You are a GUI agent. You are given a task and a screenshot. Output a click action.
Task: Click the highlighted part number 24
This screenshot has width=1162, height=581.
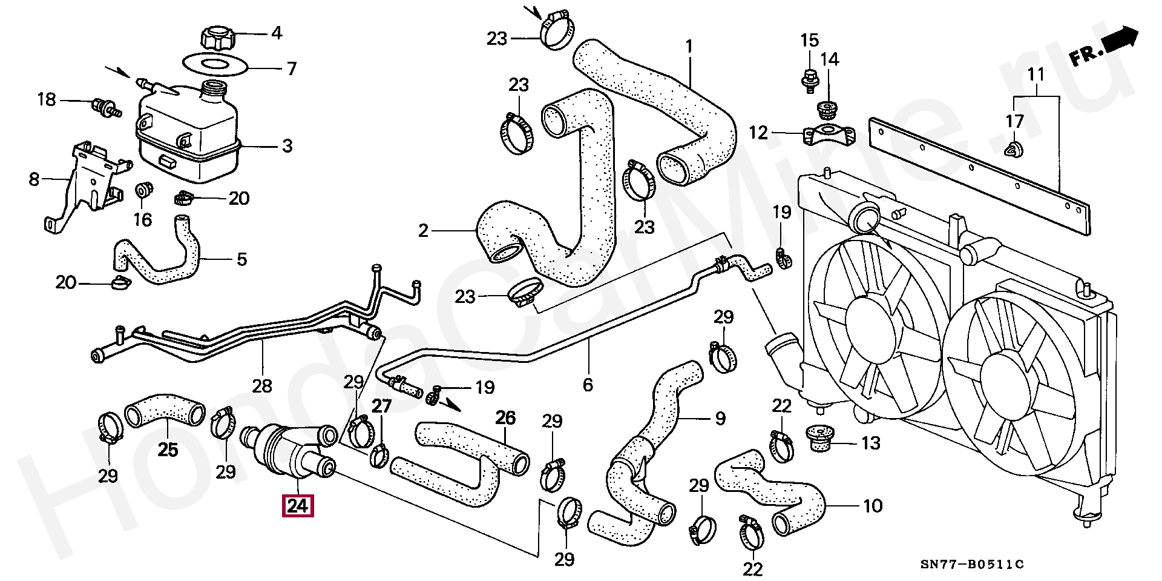(298, 506)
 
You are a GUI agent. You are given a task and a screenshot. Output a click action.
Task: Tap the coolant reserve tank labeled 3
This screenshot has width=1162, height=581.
(189, 131)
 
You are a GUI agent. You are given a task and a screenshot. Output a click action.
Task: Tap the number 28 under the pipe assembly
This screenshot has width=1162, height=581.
(262, 385)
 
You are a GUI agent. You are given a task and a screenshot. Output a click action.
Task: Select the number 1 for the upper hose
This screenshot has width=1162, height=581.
(689, 47)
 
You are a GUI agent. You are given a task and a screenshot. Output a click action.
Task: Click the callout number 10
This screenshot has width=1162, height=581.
(872, 505)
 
